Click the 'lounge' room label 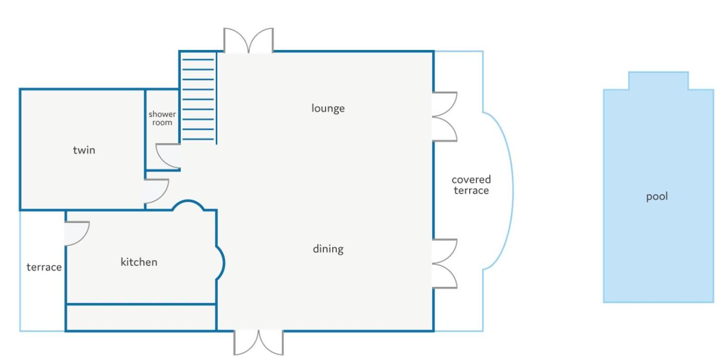328,109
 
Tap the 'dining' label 328,249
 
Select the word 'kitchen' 139,262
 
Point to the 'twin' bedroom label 84,150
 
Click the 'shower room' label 162,118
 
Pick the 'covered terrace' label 471,185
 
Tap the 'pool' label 657,196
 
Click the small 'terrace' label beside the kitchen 44,267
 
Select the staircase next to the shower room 198,98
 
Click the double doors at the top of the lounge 248,41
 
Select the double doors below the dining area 259,342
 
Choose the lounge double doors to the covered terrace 444,116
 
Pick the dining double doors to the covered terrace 444,263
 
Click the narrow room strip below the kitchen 141,317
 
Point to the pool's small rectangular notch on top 659,80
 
